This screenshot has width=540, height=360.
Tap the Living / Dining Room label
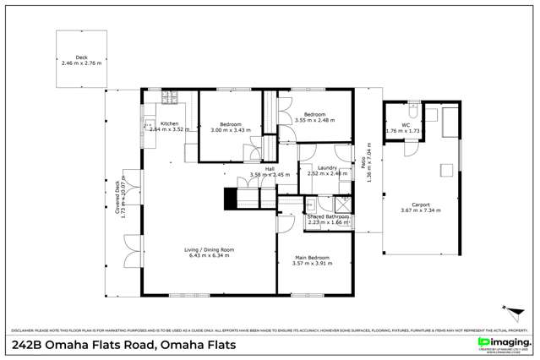(210, 249)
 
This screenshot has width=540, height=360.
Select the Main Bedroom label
(313, 257)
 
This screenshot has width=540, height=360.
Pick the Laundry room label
(328, 168)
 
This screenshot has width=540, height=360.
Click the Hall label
(270, 168)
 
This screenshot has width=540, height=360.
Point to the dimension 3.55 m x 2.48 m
(315, 120)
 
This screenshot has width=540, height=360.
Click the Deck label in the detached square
(81, 57)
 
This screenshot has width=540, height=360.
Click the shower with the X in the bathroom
(343, 204)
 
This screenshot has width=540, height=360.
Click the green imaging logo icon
(483, 341)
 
